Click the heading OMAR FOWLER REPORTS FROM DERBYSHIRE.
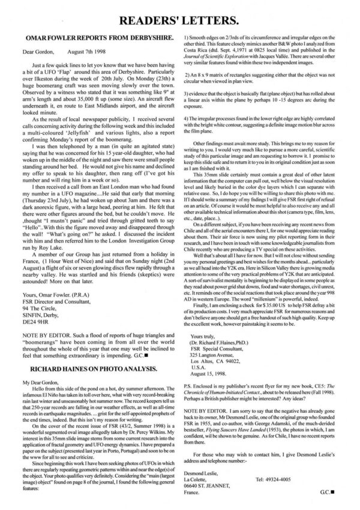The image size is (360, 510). coord(93,37)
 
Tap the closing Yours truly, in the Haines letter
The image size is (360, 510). coord(208,320)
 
